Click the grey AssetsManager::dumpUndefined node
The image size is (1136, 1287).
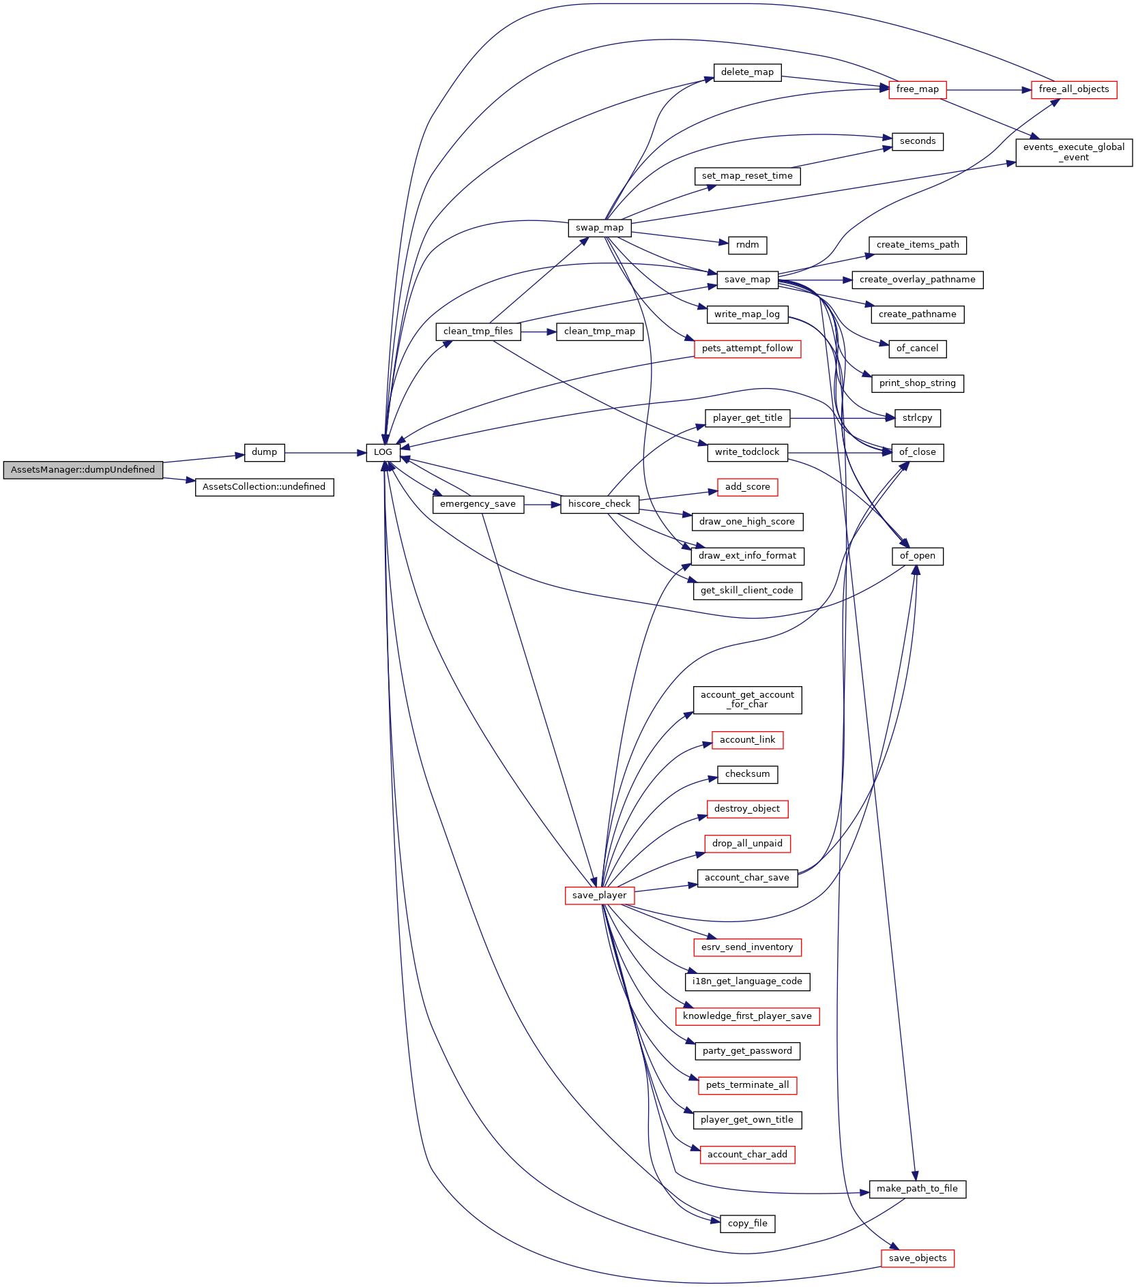83,470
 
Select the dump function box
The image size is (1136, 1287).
264,452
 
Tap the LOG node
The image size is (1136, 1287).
383,452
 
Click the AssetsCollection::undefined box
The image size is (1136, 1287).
264,487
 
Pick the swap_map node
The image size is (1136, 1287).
599,228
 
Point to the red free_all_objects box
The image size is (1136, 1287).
1074,89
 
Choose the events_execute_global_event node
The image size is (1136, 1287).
1074,152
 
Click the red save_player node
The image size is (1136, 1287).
599,896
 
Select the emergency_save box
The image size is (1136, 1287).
478,504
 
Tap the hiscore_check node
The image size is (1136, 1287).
599,504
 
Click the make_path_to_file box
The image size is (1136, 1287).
917,1189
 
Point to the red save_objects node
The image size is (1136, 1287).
917,1258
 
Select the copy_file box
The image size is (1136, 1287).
747,1224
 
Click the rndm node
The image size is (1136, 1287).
747,245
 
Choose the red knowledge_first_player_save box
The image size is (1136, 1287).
747,1016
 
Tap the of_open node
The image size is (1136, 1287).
917,556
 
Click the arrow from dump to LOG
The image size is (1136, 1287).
325,453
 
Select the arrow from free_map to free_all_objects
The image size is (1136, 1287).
989,90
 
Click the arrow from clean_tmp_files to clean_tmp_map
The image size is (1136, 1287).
538,332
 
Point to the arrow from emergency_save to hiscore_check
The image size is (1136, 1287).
542,505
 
